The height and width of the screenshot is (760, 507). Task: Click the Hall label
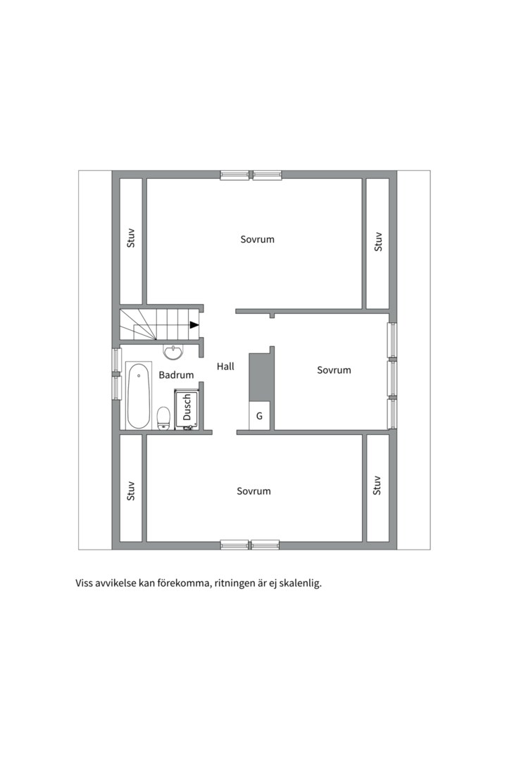click(x=225, y=367)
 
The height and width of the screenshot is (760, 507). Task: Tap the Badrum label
click(x=176, y=374)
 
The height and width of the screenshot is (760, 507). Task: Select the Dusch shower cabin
click(x=187, y=410)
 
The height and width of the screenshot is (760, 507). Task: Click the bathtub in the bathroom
click(x=138, y=395)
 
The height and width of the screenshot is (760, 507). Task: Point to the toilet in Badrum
click(x=163, y=418)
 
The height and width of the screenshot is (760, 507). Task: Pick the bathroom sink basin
click(x=173, y=353)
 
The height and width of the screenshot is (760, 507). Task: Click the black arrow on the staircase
click(x=194, y=324)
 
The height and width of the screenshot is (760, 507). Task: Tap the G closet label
click(x=260, y=416)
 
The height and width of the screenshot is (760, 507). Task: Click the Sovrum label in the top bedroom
click(x=258, y=239)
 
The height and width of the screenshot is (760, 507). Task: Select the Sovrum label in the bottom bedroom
click(x=254, y=491)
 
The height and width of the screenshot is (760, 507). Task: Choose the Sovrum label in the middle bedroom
click(x=334, y=370)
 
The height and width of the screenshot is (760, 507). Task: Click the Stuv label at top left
click(x=130, y=238)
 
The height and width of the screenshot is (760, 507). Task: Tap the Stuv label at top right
click(x=378, y=242)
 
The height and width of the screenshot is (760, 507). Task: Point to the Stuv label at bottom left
click(x=130, y=491)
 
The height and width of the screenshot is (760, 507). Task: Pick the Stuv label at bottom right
click(x=377, y=485)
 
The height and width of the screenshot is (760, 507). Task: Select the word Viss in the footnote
click(x=84, y=583)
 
